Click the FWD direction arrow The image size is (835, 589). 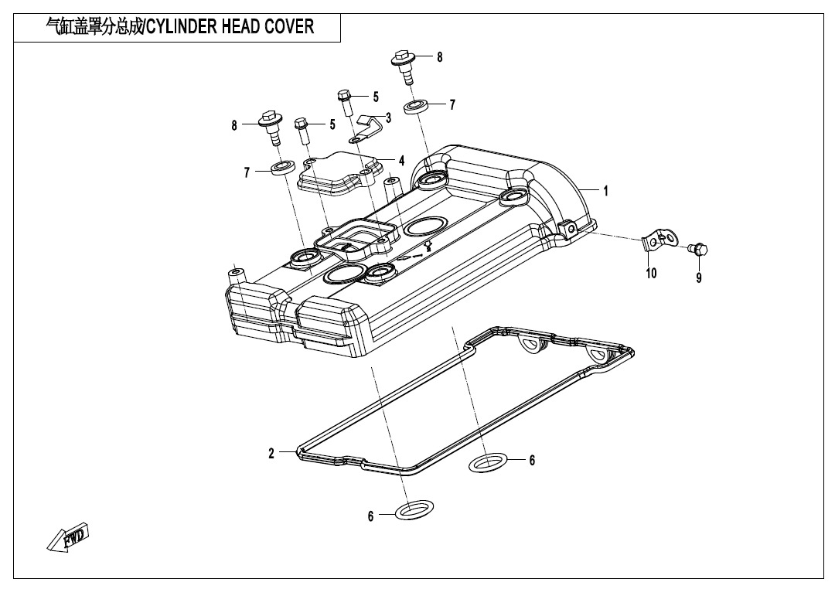pyautogui.click(x=67, y=537)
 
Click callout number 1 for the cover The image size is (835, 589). pyautogui.click(x=605, y=191)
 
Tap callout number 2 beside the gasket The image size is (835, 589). pyautogui.click(x=271, y=453)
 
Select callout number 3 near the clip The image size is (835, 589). pyautogui.click(x=388, y=117)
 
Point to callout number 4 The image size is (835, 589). pyautogui.click(x=401, y=160)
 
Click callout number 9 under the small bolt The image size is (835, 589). pyautogui.click(x=699, y=277)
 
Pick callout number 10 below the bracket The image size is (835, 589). pyautogui.click(x=651, y=273)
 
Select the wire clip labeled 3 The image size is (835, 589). pyautogui.click(x=366, y=128)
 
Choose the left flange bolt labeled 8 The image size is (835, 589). pyautogui.click(x=271, y=128)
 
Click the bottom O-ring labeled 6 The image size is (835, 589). pyautogui.click(x=414, y=509)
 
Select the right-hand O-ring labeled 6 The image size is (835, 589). pyautogui.click(x=488, y=463)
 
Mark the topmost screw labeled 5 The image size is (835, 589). pyautogui.click(x=345, y=103)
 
